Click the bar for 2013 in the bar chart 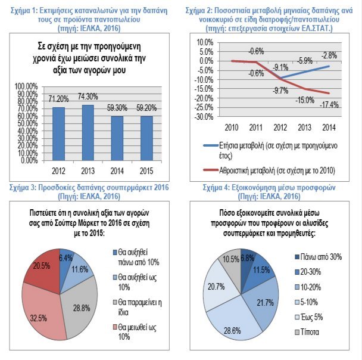click(x=88, y=132)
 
